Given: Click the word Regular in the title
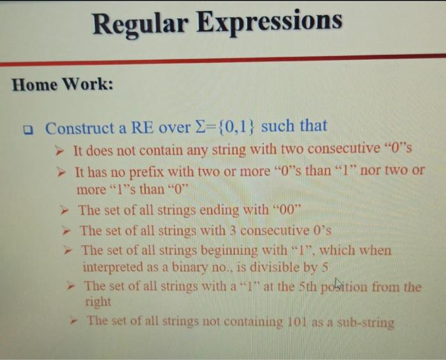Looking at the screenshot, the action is click(140, 24).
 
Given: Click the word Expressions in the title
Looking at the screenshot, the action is click(270, 22).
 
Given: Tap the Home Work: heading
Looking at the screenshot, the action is click(62, 85).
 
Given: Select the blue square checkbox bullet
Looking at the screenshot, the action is click(28, 130).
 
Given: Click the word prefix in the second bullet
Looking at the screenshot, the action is click(147, 172).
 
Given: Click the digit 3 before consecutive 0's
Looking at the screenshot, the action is click(233, 231).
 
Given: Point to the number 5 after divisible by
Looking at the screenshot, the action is click(324, 268).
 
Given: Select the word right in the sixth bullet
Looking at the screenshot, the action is click(98, 302).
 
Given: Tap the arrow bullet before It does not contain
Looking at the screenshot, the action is click(59, 151).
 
